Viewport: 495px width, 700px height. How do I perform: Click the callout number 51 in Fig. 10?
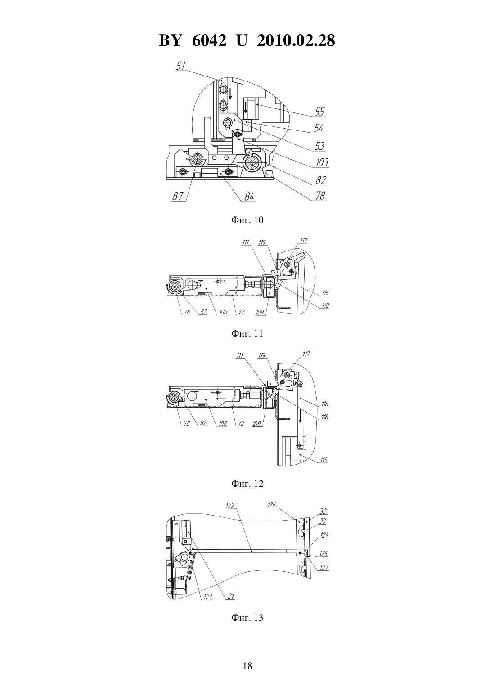(x=181, y=66)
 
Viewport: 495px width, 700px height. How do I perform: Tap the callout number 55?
(x=319, y=112)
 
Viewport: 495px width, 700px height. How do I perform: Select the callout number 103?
(x=322, y=162)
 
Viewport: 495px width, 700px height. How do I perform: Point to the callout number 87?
(x=178, y=196)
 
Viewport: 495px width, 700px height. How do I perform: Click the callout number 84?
(x=249, y=197)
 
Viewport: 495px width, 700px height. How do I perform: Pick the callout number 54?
(x=319, y=128)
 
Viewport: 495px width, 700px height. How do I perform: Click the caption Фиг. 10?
(x=247, y=220)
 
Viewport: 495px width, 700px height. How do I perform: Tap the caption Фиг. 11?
(x=247, y=333)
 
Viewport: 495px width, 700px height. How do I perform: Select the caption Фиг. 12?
(x=247, y=484)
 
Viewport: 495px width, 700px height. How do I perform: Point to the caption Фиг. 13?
(x=247, y=618)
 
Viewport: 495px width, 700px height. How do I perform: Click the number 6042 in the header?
(x=209, y=40)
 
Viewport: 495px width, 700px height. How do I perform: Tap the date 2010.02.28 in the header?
(x=296, y=40)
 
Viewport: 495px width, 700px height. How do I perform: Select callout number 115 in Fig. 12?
(x=324, y=460)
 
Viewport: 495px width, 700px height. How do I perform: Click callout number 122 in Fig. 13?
(x=230, y=505)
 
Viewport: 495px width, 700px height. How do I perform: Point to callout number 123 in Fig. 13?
(x=208, y=597)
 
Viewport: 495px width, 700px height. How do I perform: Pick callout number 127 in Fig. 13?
(x=324, y=567)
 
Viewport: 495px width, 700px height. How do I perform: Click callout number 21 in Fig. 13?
(x=231, y=597)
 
